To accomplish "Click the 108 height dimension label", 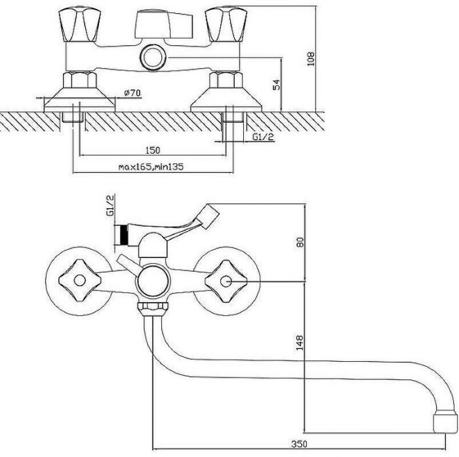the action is (311, 58).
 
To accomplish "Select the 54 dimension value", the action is (276, 85).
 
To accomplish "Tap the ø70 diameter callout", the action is (132, 93).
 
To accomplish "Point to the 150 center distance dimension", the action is (153, 150).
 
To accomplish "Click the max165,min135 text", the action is (151, 167).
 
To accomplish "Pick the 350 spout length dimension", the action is (299, 444).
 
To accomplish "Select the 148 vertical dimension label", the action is (300, 342).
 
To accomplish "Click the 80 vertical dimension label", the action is (300, 242).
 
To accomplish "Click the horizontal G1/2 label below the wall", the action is (263, 137).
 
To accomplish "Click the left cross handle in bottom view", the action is (79, 280).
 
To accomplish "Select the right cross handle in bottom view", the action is (226, 281).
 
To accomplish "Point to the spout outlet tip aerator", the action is (445, 422).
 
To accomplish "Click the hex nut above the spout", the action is (153, 309).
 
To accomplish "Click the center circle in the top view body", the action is (153, 57).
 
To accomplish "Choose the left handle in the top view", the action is (79, 25).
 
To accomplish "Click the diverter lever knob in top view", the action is (164, 25).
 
